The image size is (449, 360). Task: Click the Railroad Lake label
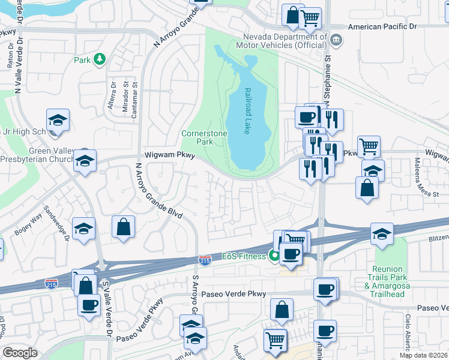(x=247, y=112)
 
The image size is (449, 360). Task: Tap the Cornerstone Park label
(x=197, y=137)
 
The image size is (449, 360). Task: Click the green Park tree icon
(x=99, y=59)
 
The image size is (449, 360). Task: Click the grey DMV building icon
(x=336, y=41)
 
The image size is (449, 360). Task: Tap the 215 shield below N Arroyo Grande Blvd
(x=204, y=260)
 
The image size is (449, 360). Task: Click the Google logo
(x=20, y=352)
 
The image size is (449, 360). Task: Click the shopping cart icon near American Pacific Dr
(x=310, y=17)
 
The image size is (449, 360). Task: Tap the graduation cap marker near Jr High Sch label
(x=58, y=119)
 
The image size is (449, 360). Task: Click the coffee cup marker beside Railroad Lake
(x=306, y=116)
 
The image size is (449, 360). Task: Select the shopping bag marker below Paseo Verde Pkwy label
(x=282, y=310)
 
